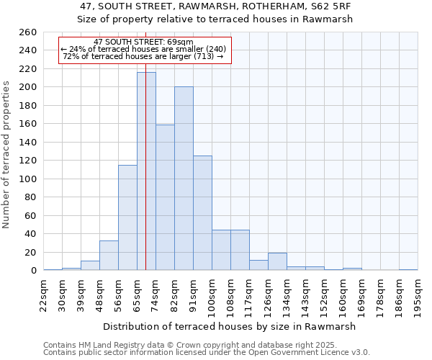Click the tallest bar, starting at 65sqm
pos(146,171)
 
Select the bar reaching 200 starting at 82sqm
pos(184,179)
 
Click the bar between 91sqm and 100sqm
pos(202,213)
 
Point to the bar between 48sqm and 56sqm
pos(109,256)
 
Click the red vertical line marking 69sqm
pos(145,144)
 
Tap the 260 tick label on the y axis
pos(28,32)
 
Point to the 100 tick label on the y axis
pos(28,179)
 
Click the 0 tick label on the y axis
pos(34,271)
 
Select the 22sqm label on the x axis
pos(43,293)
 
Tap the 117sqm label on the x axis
pos(249,293)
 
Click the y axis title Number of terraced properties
pos(6,154)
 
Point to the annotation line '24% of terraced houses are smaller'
pos(144,49)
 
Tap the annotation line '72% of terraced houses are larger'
pos(144,56)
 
